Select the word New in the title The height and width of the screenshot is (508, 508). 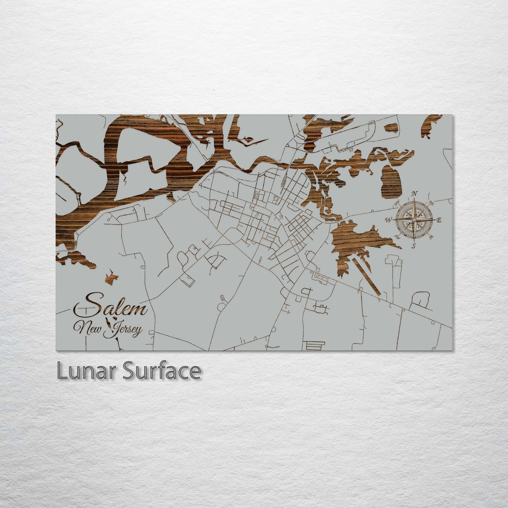(x=91, y=328)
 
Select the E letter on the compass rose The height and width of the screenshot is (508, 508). (x=439, y=220)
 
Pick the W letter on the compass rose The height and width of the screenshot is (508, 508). (x=388, y=220)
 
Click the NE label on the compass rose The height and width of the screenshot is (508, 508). (x=431, y=203)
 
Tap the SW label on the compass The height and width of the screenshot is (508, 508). (x=397, y=237)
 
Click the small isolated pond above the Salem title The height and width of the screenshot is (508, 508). (x=112, y=276)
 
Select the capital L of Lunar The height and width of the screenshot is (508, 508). (x=62, y=371)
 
